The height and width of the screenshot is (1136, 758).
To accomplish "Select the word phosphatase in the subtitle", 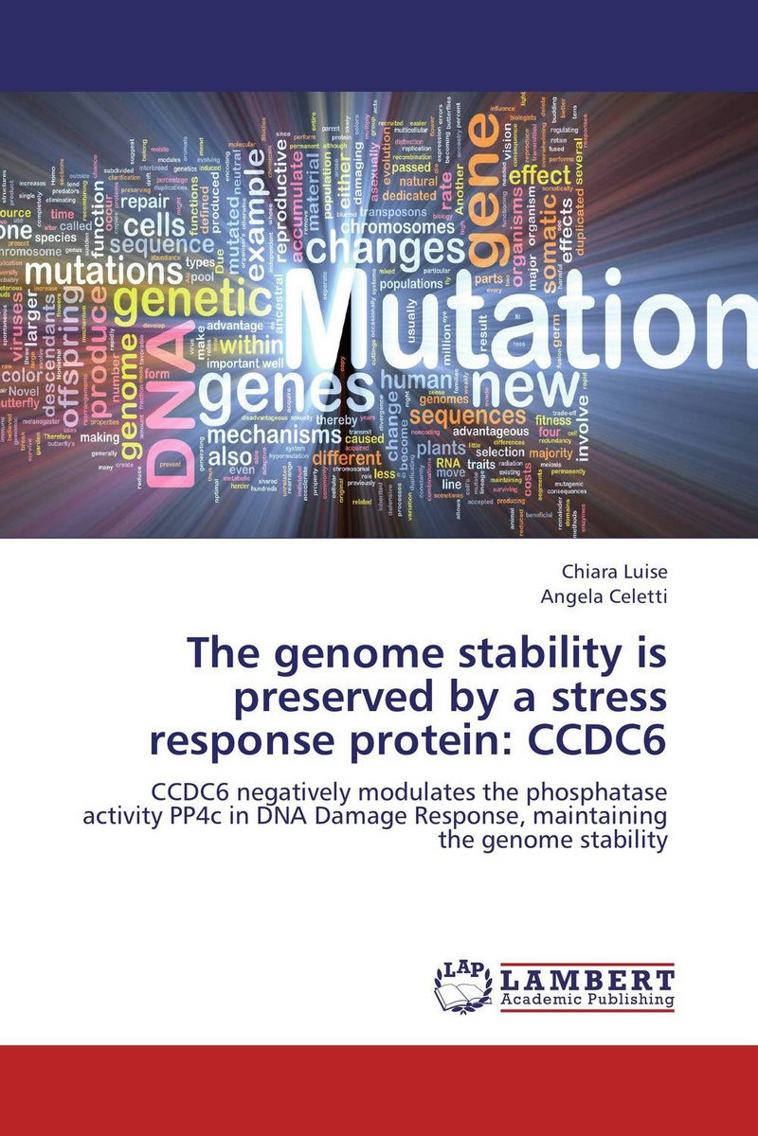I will (x=582, y=792).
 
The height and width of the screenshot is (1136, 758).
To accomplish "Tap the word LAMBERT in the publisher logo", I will (x=587, y=980).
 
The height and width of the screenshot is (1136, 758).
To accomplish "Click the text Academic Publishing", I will (x=587, y=1000).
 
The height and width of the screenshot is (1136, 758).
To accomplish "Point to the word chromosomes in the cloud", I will (x=398, y=227).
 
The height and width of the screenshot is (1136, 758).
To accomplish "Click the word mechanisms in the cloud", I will (x=276, y=436).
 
